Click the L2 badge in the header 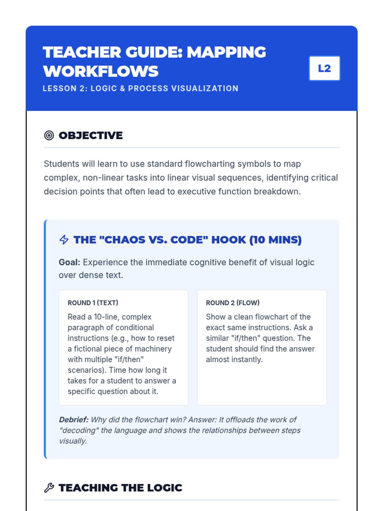tap(324, 68)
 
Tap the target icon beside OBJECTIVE tap(49, 135)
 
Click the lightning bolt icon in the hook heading tap(64, 240)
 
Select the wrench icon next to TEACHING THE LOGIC tap(49, 488)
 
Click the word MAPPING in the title tap(226, 52)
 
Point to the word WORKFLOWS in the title tap(101, 71)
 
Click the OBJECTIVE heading tap(91, 135)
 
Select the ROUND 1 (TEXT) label tap(93, 303)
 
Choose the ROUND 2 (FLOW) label tap(233, 303)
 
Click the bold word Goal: tap(70, 262)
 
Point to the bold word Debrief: tap(74, 420)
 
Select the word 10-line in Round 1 tap(107, 317)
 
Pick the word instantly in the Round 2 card tap(248, 359)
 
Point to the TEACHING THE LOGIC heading tap(120, 488)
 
